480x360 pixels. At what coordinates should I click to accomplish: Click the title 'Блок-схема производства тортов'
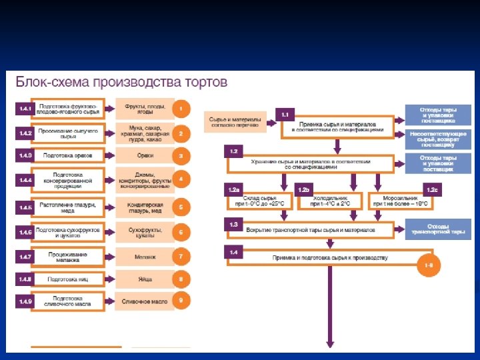click(x=122, y=84)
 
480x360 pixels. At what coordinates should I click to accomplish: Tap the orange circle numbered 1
click(x=181, y=109)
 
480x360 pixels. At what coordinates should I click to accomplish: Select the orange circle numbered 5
click(x=181, y=207)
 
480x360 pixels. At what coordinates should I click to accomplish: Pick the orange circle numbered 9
click(x=181, y=301)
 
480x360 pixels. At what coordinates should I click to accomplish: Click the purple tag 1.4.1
click(x=25, y=109)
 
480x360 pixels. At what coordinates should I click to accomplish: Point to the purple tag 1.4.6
click(x=25, y=232)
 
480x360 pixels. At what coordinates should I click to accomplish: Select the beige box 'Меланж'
click(x=144, y=256)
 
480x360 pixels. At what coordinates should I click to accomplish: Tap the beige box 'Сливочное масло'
click(x=144, y=301)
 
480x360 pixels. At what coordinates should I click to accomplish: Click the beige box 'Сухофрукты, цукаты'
click(x=144, y=232)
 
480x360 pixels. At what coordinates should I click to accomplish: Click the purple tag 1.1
click(x=285, y=115)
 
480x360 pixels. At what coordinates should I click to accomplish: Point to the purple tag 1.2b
click(x=303, y=190)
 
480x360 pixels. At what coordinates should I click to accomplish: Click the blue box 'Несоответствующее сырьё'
click(x=438, y=139)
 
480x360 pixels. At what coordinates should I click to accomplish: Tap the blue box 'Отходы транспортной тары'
click(x=438, y=229)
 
